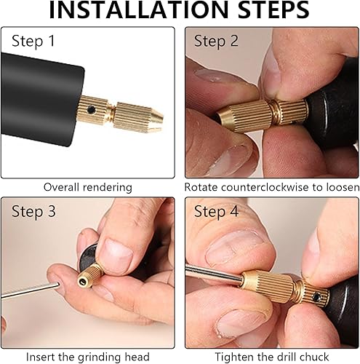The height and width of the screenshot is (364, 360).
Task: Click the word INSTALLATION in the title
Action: coord(138,9)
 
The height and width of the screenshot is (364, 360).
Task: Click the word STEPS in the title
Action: coord(273,9)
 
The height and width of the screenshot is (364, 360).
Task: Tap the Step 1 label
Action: coord(33,41)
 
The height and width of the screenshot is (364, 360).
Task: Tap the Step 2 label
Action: coord(216,41)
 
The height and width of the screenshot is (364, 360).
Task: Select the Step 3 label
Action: coord(33,212)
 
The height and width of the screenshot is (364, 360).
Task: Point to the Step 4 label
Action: coord(216,212)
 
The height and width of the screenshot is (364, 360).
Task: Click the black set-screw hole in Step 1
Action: coord(91,110)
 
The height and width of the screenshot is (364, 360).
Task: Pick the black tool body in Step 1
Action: coord(42,99)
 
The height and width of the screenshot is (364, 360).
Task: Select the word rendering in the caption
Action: coord(108,188)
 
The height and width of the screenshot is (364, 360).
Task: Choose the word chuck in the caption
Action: coord(314,357)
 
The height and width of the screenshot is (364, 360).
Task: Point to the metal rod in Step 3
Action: coord(30,290)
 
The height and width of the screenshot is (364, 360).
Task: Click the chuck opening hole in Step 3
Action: coord(83,282)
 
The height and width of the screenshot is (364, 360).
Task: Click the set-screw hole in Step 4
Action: coord(316,296)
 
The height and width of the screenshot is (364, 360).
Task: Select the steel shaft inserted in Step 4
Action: coord(214,274)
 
